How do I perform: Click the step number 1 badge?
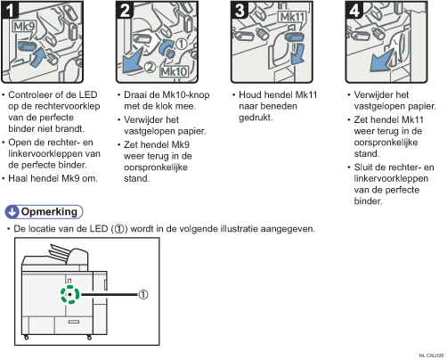(x=10, y=10)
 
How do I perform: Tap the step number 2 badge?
(x=125, y=10)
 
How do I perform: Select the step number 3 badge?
(x=240, y=10)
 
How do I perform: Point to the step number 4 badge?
(x=354, y=10)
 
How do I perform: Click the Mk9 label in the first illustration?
(x=24, y=27)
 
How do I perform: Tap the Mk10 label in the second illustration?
(x=175, y=71)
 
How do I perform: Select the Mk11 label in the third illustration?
(x=292, y=17)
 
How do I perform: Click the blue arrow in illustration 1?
(x=38, y=57)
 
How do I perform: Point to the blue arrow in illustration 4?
(x=381, y=61)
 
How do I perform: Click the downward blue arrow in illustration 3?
(x=298, y=54)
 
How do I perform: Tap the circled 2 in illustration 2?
(x=150, y=68)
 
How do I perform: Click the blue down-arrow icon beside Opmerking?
(x=12, y=212)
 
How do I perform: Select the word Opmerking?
(x=49, y=212)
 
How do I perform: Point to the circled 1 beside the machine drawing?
(x=143, y=295)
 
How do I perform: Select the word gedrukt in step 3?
(x=256, y=118)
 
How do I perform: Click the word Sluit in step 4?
(x=364, y=168)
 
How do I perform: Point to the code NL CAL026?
(x=431, y=356)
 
